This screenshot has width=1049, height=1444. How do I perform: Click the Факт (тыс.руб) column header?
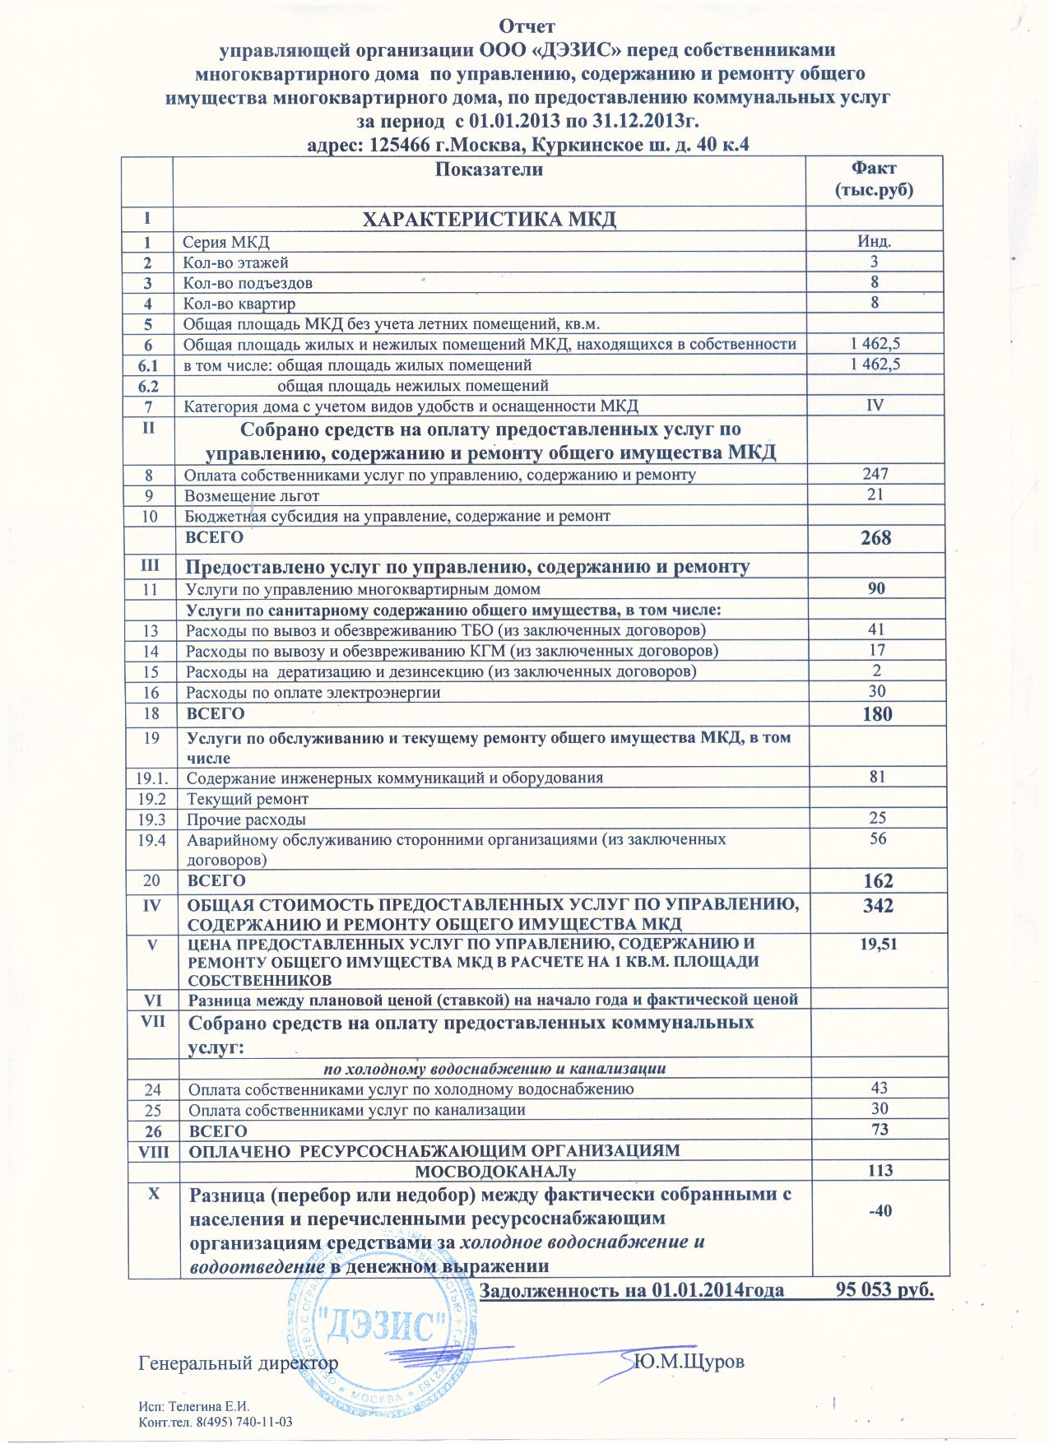873,180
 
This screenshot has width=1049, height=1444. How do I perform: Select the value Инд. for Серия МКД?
875,242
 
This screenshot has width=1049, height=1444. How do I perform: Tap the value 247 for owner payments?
875,474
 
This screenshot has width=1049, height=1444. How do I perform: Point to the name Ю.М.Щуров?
689,1362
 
